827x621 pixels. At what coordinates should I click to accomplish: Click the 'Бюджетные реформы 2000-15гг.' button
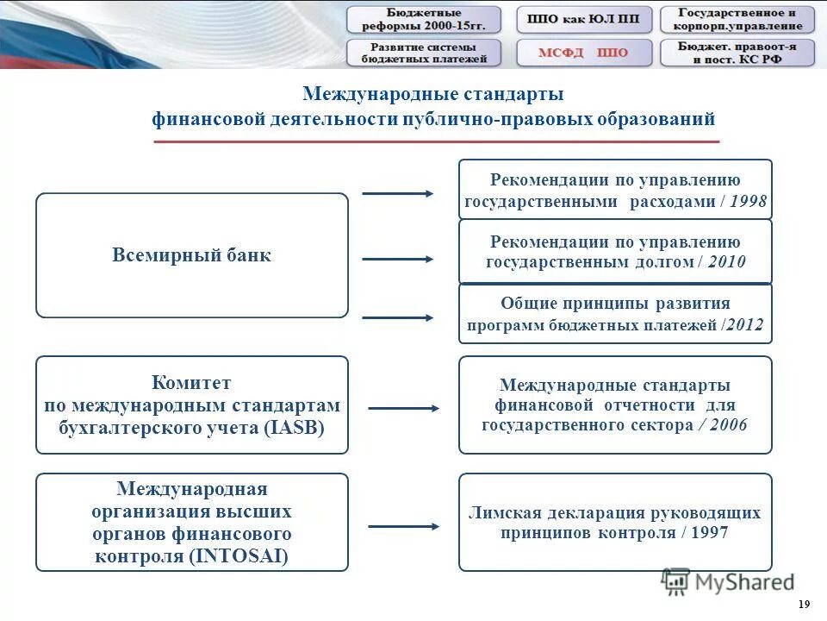pos(423,20)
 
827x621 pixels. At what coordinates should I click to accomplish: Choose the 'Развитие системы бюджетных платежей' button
pos(423,53)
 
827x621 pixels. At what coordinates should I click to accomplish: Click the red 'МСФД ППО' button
pos(583,53)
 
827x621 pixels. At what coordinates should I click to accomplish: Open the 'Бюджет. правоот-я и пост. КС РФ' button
pos(737,53)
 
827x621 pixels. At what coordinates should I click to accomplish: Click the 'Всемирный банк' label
pos(191,255)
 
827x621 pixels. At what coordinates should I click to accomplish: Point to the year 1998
pos(747,202)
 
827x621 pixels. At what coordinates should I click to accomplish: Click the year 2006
pos(728,425)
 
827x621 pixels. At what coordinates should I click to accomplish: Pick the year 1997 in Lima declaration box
pos(709,533)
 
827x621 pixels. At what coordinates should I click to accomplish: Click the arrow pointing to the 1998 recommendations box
pos(397,193)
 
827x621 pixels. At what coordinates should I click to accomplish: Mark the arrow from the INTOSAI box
pos(403,525)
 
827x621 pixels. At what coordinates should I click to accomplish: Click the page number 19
pos(805,604)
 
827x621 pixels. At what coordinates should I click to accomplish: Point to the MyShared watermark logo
pos(728,582)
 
